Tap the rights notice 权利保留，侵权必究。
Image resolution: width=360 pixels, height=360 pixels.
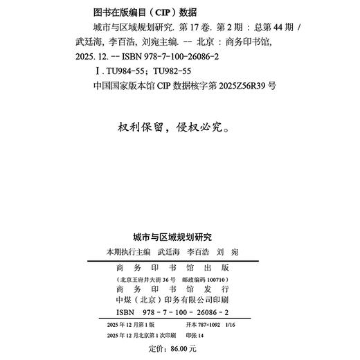[x=179, y=128]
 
